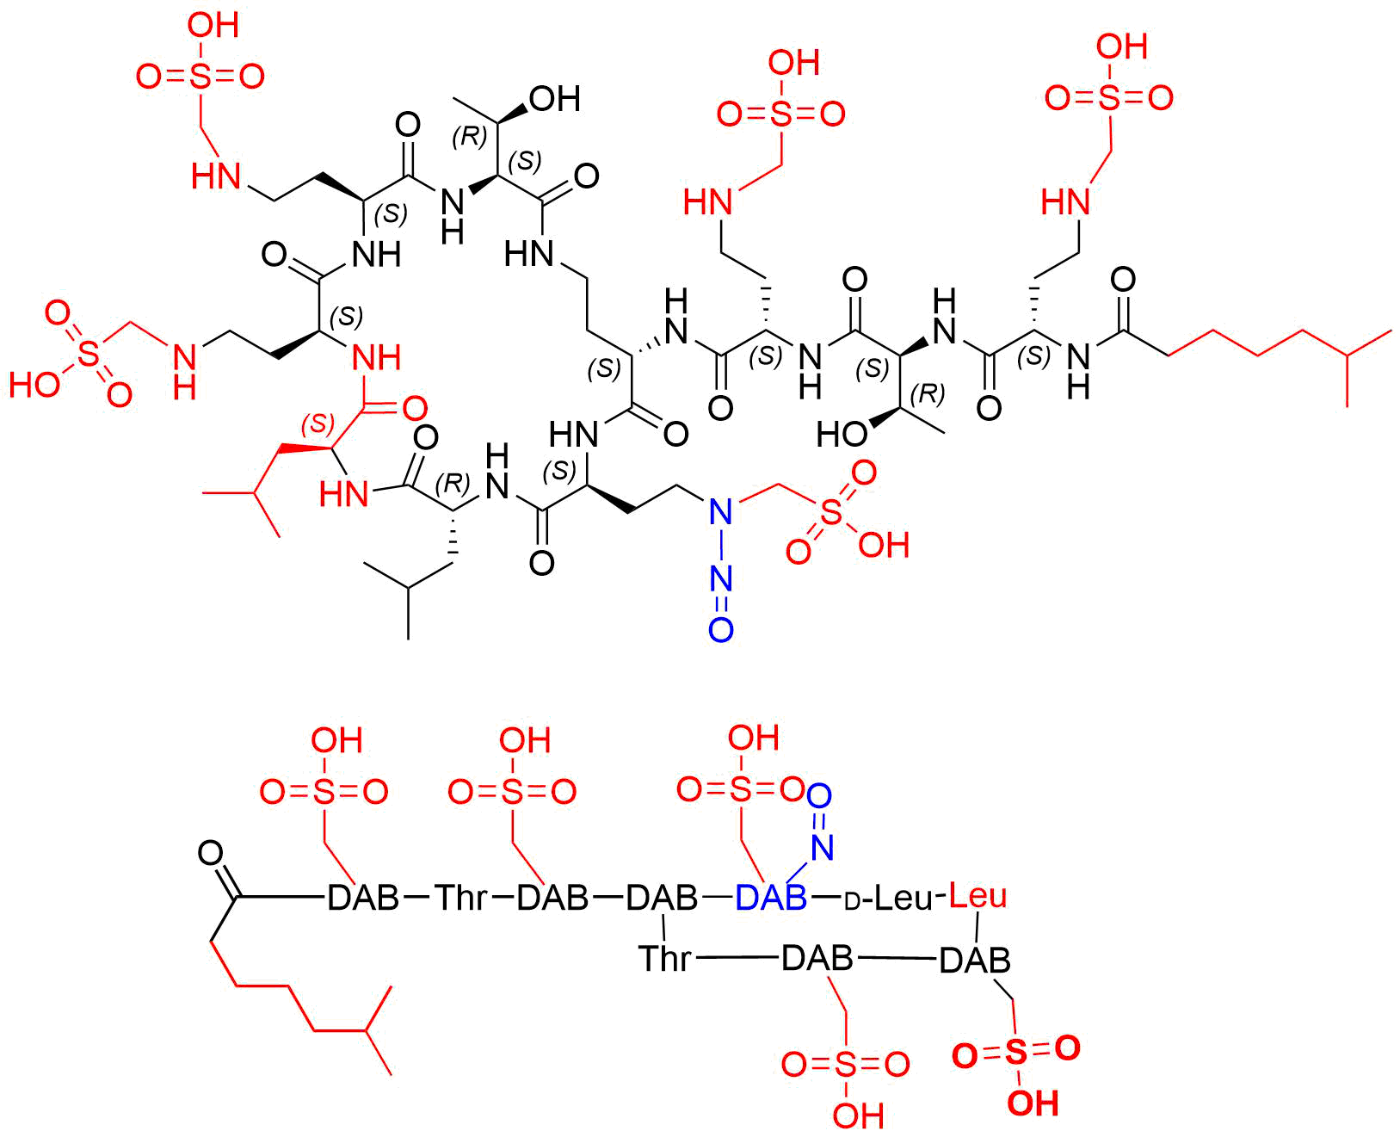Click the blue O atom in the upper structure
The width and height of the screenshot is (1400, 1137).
721,630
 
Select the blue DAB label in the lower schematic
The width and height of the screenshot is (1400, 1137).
771,898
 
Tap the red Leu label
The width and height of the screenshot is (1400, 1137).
978,896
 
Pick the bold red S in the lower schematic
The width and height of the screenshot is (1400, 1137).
1015,1052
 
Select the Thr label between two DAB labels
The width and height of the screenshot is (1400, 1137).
461,898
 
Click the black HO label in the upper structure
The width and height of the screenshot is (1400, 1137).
842,435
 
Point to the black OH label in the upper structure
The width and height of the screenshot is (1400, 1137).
555,99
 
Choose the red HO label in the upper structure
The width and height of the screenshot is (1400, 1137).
34,385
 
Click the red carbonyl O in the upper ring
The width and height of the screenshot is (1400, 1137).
415,409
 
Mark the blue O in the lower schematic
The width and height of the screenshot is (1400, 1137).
819,796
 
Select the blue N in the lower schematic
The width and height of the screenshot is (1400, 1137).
823,847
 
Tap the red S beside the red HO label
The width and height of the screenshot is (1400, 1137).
88,355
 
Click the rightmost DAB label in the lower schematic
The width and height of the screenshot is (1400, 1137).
975,961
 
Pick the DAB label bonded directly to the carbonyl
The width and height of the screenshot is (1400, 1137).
363,898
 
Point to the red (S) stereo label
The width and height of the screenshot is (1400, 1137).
318,424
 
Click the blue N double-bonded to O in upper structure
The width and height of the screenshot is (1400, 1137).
721,579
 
